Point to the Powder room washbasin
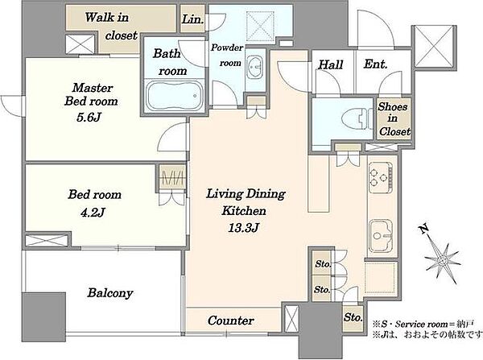tap(255, 67)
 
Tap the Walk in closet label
tap(111, 27)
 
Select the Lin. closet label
tap(192, 19)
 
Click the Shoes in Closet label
tap(394, 118)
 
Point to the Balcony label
tap(110, 293)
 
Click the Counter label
tap(231, 321)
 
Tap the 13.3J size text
tap(244, 228)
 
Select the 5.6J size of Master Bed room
tap(89, 118)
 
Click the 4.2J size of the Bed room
tap(93, 213)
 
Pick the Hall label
tap(331, 64)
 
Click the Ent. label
tap(375, 64)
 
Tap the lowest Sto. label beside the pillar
tap(353, 317)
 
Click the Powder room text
tap(227, 56)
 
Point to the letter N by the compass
tap(424, 228)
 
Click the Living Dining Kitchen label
tap(246, 202)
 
